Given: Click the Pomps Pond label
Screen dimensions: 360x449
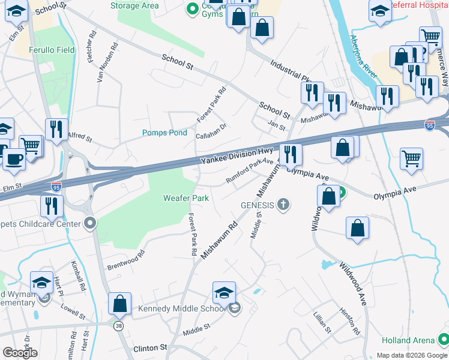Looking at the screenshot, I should click(x=164, y=133).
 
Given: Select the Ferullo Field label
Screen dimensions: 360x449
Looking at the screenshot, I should click(x=53, y=49).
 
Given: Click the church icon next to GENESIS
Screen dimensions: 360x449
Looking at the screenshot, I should click(x=284, y=205).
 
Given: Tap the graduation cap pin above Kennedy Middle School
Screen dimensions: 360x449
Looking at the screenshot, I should click(x=224, y=292).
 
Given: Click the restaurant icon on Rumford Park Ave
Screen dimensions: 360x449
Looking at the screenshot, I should click(x=291, y=154).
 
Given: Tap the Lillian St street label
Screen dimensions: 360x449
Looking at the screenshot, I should click(x=322, y=322).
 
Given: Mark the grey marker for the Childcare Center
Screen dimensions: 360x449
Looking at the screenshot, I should click(x=90, y=224).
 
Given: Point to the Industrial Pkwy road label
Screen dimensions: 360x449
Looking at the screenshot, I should click(x=292, y=71).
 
